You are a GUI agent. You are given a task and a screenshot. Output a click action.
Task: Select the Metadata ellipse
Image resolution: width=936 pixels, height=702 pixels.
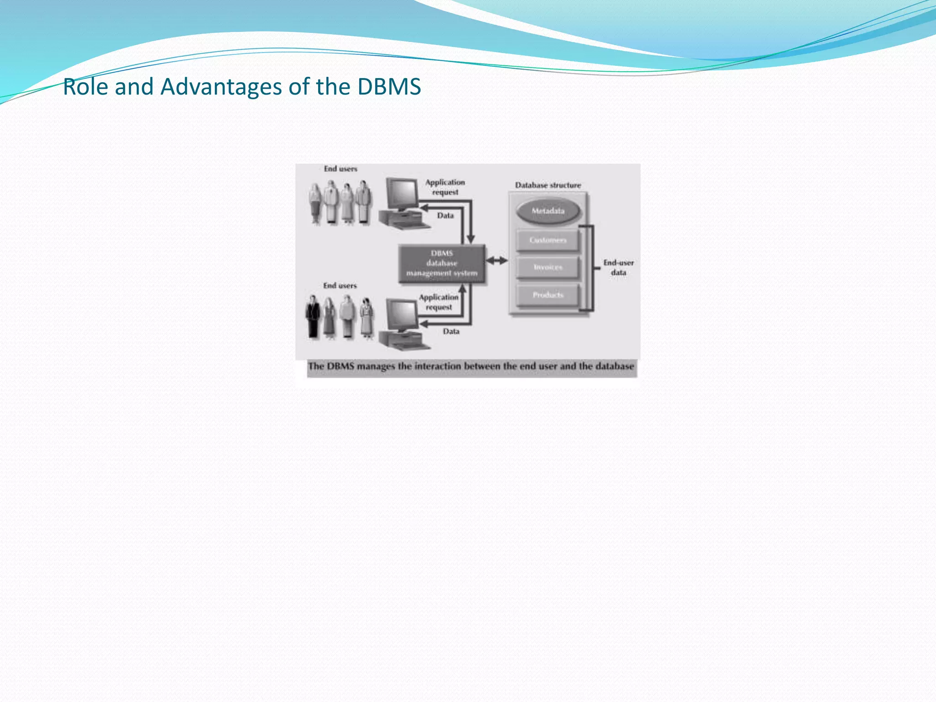coord(548,211)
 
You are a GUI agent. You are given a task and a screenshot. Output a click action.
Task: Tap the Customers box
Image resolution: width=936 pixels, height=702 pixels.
coord(548,240)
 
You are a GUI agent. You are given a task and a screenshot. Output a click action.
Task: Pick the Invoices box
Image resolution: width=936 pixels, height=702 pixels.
coord(548,267)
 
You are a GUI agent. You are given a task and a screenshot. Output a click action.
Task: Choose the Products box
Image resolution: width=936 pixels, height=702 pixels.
coord(548,295)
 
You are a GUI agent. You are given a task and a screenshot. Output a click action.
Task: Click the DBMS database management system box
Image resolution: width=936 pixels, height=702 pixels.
coord(441,264)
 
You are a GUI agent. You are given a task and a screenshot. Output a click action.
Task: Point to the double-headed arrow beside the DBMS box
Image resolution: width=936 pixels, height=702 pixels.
coord(497,261)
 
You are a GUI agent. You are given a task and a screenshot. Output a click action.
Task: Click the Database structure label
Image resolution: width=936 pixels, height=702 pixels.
coord(548,185)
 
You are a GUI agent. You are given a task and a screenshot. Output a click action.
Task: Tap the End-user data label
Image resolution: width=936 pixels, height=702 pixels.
coord(618,268)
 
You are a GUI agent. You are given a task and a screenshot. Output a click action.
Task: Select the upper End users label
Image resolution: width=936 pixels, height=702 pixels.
coord(340,169)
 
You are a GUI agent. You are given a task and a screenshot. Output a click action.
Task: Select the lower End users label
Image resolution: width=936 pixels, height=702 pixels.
coord(340,286)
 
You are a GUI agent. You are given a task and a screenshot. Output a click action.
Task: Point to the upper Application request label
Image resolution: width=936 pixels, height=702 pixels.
coord(445,187)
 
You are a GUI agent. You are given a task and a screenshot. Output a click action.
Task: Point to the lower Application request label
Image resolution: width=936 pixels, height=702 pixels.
coord(439,302)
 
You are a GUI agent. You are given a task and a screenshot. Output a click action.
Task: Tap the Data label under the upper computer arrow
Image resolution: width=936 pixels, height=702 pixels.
coord(445,216)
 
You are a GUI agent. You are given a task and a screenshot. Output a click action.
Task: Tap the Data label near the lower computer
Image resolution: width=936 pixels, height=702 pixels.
coord(451,331)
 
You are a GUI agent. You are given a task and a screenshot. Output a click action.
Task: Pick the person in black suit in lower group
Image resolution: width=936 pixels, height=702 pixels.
coord(313,316)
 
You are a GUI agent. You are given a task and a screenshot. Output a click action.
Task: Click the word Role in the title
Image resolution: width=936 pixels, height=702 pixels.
coord(85,87)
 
